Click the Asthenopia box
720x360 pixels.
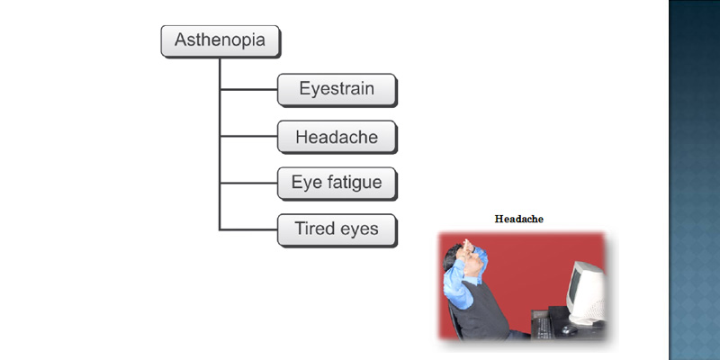click(220, 41)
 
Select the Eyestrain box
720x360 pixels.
click(337, 90)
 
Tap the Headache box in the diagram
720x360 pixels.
click(337, 137)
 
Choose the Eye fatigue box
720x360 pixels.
click(337, 184)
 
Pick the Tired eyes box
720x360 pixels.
click(337, 230)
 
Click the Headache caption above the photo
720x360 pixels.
click(519, 219)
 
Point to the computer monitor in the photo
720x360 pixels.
click(587, 293)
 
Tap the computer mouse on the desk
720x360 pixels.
click(570, 329)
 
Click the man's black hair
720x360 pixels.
click(451, 256)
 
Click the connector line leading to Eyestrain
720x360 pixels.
click(248, 89)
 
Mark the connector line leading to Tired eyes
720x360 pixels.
click(248, 229)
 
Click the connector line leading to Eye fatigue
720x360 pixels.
click(248, 183)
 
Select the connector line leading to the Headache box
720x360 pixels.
click(248, 136)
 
